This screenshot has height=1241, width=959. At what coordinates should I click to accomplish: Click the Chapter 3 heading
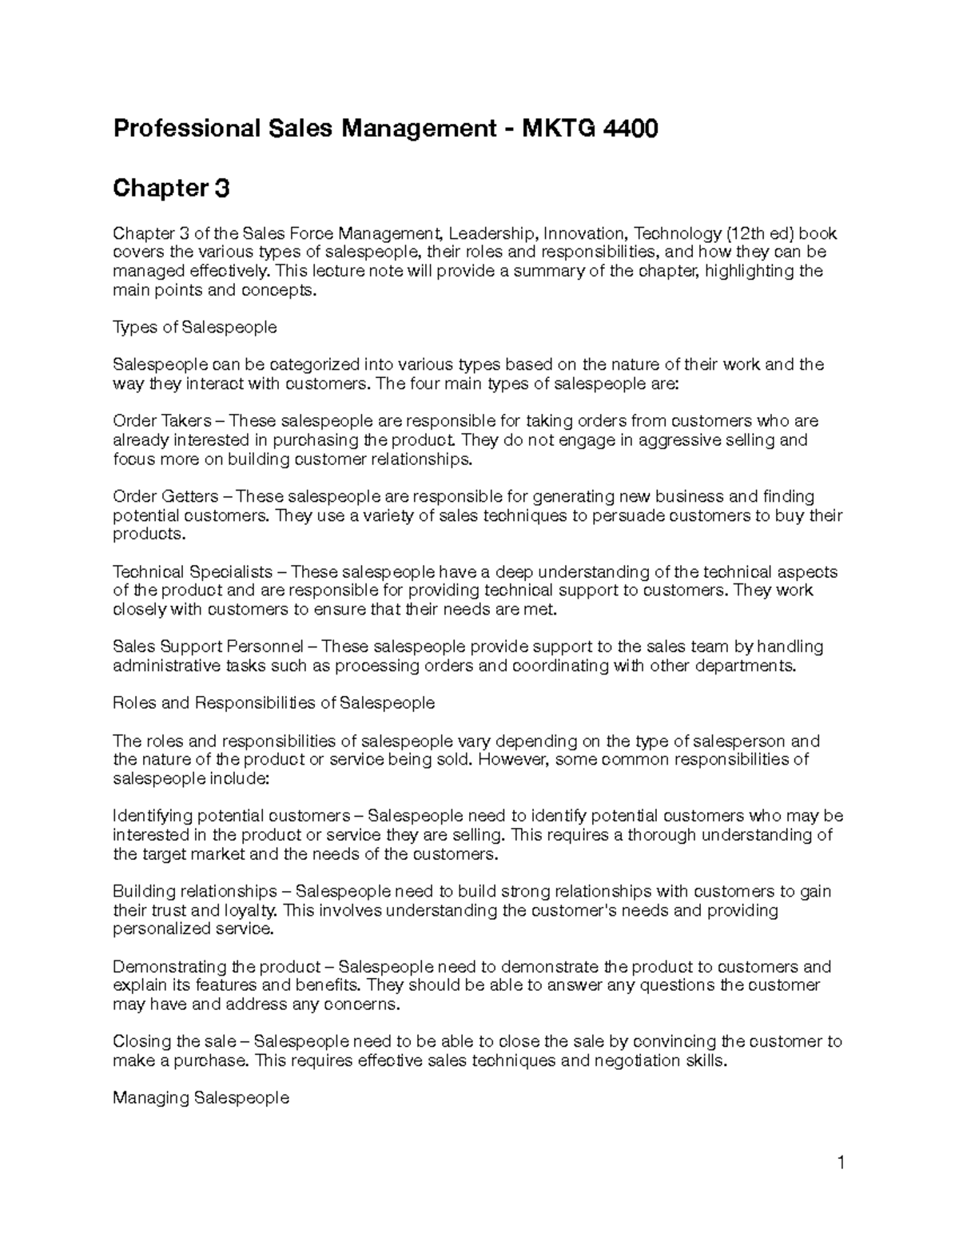tap(171, 189)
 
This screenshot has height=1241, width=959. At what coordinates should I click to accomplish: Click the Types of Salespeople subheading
tap(195, 327)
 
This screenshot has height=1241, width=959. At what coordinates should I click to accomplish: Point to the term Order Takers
tap(162, 421)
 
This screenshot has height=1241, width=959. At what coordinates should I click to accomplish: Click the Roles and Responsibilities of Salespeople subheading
tap(273, 703)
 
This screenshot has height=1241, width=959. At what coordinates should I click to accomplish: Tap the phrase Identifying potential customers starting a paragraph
tap(231, 816)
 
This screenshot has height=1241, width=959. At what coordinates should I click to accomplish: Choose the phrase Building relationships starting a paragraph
tap(194, 891)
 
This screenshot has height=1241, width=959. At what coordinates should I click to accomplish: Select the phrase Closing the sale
tap(174, 1041)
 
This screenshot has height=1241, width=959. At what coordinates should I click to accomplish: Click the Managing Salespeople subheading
tap(201, 1098)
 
